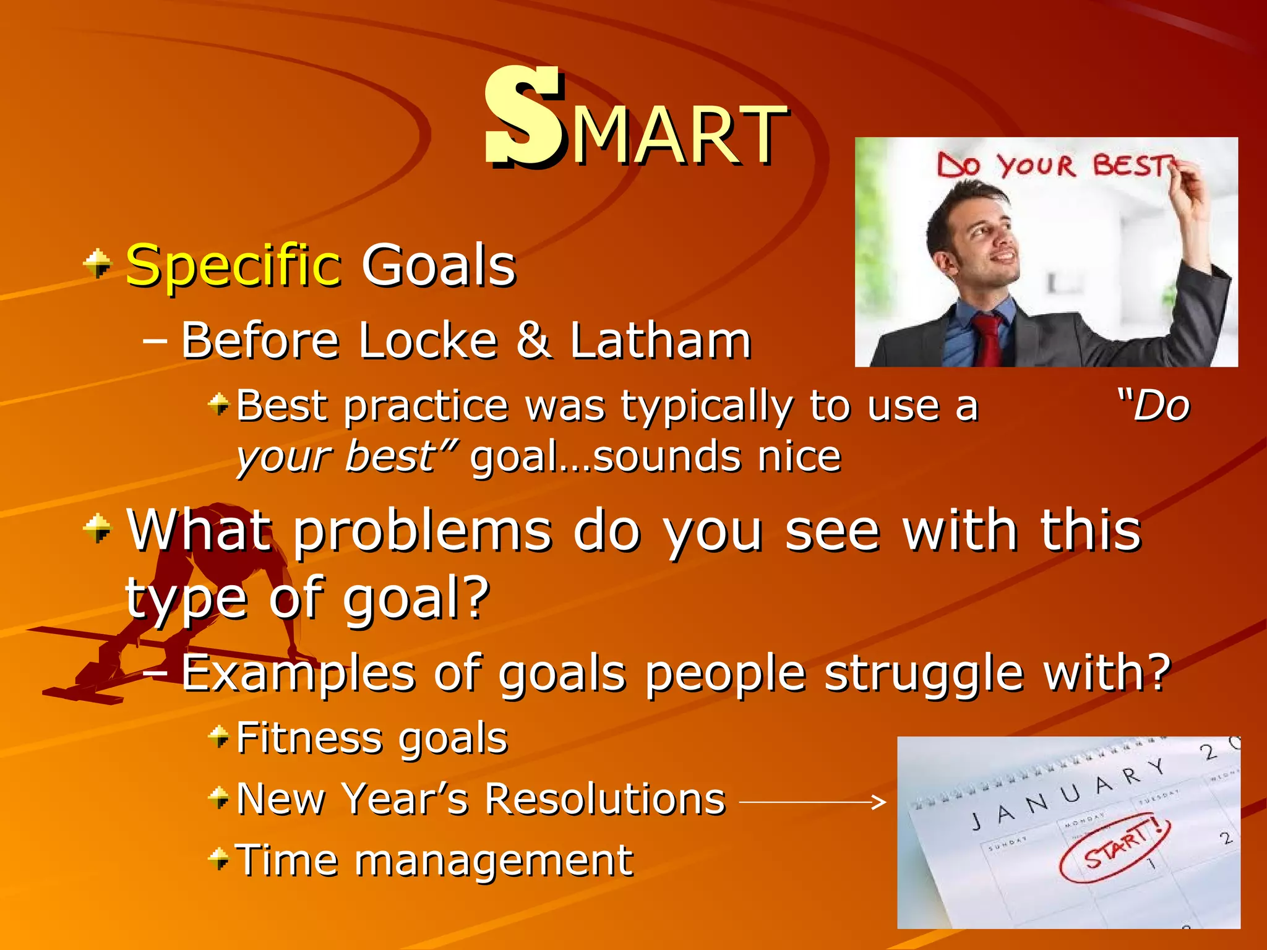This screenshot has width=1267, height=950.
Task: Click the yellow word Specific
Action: click(x=233, y=266)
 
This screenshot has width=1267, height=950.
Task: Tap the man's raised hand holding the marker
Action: click(x=1191, y=186)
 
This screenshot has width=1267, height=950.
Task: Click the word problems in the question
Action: click(x=423, y=532)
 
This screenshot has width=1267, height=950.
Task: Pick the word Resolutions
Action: click(x=604, y=799)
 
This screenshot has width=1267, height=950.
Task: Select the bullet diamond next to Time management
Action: click(x=219, y=858)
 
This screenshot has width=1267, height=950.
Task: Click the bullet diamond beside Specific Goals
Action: click(x=98, y=264)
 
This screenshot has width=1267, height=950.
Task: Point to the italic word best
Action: click(x=391, y=456)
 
